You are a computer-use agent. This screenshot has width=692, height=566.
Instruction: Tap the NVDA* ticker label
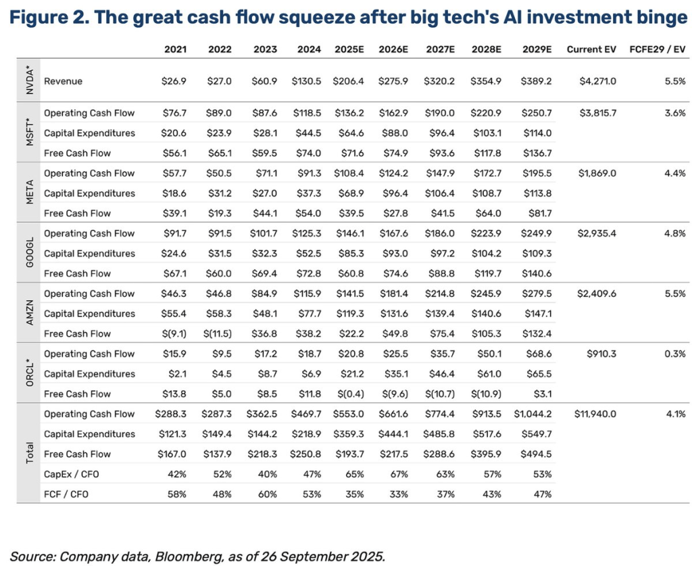click(x=28, y=81)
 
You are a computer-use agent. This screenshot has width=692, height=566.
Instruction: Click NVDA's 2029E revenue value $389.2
click(x=537, y=81)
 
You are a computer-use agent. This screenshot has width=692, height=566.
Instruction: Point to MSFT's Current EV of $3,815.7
click(x=598, y=113)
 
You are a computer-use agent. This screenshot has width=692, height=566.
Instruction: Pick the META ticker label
click(x=28, y=193)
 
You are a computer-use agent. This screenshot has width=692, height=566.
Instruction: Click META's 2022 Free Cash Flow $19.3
click(x=220, y=213)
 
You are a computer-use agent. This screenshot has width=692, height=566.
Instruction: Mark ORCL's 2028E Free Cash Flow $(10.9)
click(x=490, y=394)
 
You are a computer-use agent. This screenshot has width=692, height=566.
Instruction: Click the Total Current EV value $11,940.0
click(x=595, y=414)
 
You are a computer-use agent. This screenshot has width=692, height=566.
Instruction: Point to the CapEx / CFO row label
click(x=73, y=474)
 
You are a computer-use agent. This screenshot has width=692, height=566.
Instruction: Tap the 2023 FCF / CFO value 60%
click(x=268, y=494)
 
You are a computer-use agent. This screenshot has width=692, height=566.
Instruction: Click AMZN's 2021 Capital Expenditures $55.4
click(x=174, y=314)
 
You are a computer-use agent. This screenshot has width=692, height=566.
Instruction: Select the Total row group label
click(x=28, y=454)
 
